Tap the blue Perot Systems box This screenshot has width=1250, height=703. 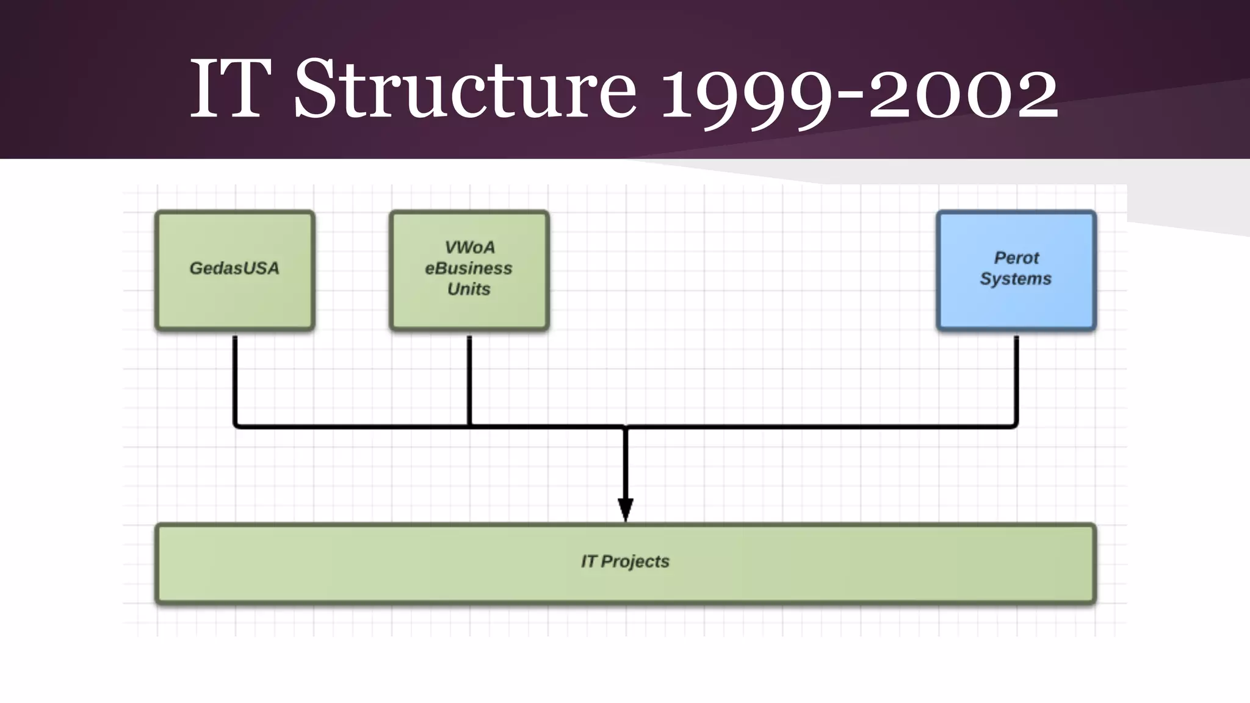point(1016,305)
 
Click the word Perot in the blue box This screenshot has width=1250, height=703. point(1016,258)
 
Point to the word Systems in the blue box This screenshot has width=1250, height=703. point(1016,279)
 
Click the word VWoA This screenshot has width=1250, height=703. point(469,247)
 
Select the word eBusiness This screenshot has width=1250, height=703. point(469,268)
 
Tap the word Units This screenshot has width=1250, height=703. point(469,289)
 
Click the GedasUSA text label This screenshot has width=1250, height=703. point(234,268)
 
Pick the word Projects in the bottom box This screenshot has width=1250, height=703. point(635,561)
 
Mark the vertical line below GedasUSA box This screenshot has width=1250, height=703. point(235,378)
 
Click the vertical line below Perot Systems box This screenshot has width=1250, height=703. point(1016,378)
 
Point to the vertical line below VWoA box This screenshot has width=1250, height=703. point(469,378)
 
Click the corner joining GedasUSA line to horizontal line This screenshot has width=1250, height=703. point(236,425)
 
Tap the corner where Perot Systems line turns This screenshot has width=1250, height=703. point(1015,425)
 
